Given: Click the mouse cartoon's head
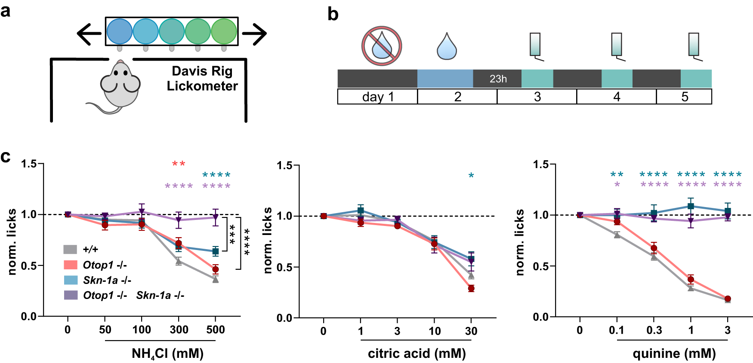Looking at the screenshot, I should [x=120, y=82].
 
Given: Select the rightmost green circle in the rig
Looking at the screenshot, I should [x=224, y=31].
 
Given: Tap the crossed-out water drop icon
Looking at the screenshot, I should [x=382, y=46].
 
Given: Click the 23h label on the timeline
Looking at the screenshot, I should [x=498, y=79].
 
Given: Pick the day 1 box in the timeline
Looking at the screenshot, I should [x=377, y=97].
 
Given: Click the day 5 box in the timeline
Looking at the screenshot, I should [x=684, y=97].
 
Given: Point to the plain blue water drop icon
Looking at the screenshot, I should [x=446, y=47].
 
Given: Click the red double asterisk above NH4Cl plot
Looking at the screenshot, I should [x=179, y=164].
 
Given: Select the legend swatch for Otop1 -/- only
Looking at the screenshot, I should [x=71, y=265].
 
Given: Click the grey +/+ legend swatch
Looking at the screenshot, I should [x=71, y=250].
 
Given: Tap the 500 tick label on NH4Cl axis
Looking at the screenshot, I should [x=215, y=330].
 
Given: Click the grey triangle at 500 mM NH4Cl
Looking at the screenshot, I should [x=215, y=280].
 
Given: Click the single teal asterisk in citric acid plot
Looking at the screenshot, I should [x=471, y=176].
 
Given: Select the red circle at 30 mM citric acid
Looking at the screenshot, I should [x=471, y=289].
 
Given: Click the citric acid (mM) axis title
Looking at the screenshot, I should [x=417, y=354].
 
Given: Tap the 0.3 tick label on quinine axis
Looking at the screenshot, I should [x=654, y=330].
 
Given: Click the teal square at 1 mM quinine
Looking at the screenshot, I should [x=691, y=207].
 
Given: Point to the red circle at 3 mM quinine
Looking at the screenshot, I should [x=728, y=299].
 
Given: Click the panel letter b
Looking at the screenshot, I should [x=333, y=14].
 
